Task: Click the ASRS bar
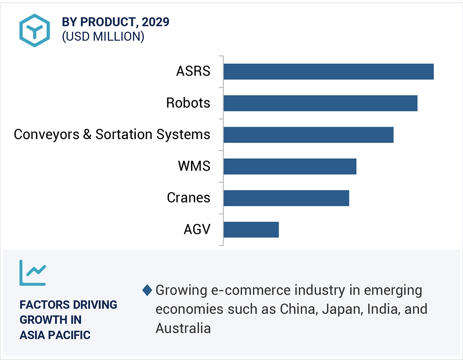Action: point(328,72)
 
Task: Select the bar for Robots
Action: point(320,103)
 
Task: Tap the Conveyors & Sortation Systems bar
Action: point(308,135)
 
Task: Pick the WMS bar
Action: point(290,166)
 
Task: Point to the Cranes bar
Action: point(286,198)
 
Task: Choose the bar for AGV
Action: point(251,230)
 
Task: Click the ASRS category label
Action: point(193,72)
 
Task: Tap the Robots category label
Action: point(188,103)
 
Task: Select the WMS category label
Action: point(194,166)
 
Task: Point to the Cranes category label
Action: point(188,198)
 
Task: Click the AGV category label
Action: point(197,229)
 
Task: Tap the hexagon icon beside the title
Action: point(35,30)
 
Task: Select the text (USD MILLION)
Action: point(103,36)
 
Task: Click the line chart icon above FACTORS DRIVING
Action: point(33,272)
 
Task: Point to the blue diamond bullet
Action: point(147,290)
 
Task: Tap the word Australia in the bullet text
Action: point(183,328)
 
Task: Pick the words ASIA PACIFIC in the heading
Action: point(55,335)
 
